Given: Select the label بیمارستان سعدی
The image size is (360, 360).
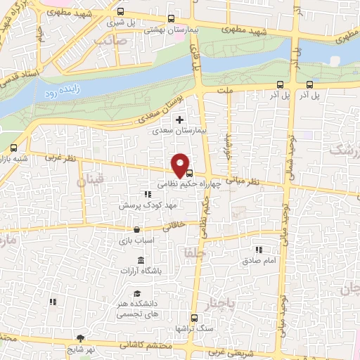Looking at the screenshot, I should tap(180, 131).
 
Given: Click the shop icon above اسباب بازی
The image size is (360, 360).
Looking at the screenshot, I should tap(136, 229).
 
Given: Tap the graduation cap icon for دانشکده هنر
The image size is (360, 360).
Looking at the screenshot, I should tap(137, 294).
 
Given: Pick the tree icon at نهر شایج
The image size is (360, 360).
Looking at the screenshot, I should tap(82, 338).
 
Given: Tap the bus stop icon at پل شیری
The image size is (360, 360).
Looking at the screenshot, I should tap(122, 12).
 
